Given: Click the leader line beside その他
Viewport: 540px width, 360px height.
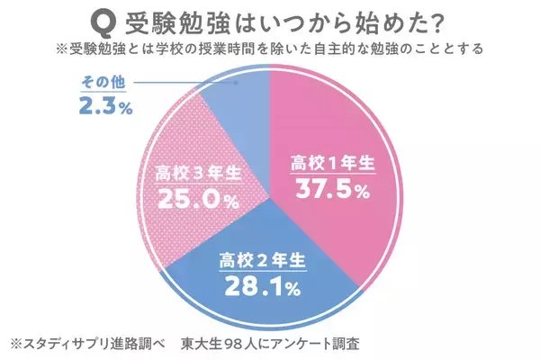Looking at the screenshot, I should pos(180,84).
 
